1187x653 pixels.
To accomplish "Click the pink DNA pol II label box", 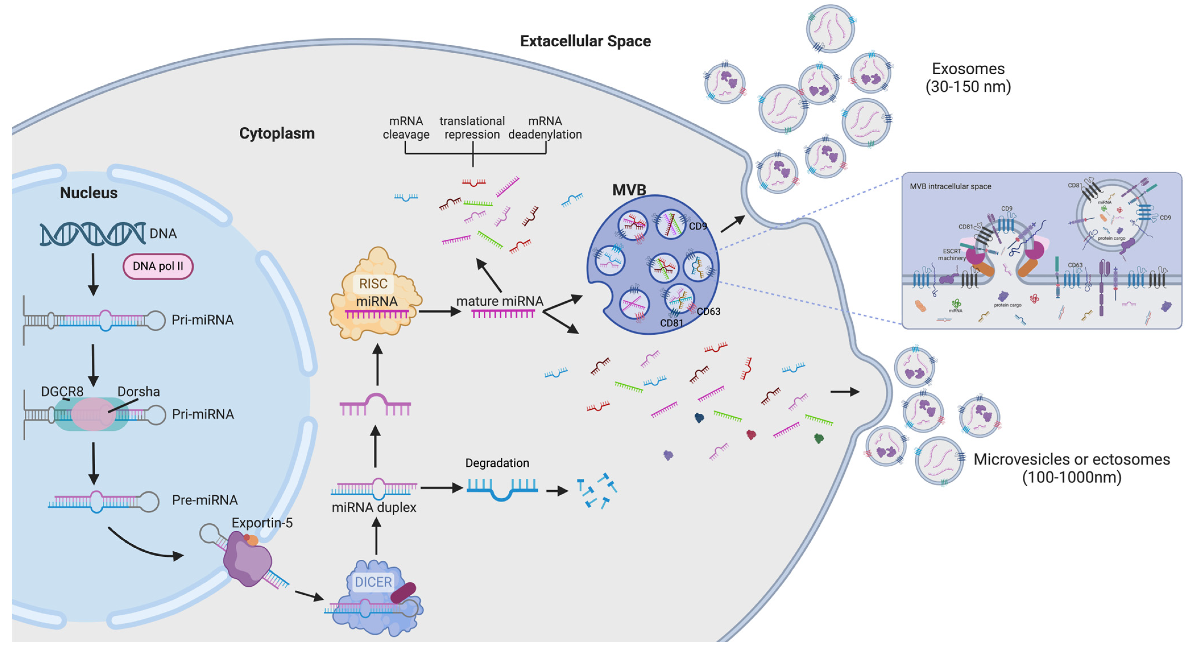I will [x=158, y=266].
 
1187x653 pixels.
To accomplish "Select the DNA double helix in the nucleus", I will [x=92, y=234].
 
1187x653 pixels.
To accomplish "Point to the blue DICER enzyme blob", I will [x=373, y=600].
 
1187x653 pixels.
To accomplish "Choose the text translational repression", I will [x=472, y=128].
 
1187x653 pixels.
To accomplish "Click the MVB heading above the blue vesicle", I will [x=629, y=189].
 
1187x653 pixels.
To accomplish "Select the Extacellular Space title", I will [x=585, y=41].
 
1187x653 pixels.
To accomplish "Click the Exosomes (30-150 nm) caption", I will [x=968, y=77].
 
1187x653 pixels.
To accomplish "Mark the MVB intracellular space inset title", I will [x=950, y=186].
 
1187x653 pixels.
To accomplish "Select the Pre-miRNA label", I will [x=205, y=500].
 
